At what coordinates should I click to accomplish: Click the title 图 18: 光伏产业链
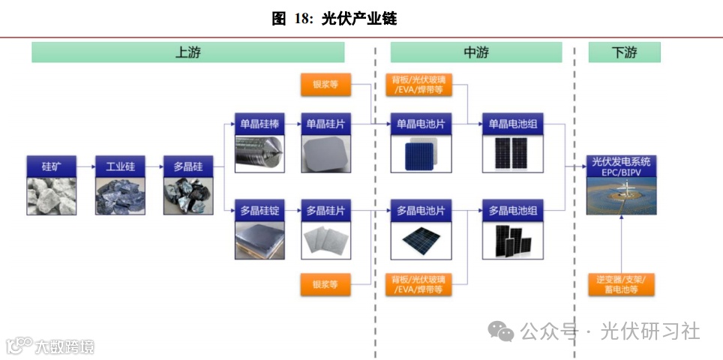334,19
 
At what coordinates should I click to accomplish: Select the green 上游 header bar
187,52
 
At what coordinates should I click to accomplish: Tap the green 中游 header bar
475,52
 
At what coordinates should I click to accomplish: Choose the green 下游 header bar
624,52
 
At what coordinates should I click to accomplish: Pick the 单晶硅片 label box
325,124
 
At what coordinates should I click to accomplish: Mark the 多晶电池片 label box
419,211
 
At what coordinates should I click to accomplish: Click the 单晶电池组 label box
513,124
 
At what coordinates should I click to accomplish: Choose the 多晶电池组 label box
513,211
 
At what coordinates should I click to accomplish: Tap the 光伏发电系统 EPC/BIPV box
622,166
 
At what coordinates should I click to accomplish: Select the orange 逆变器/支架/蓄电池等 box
622,284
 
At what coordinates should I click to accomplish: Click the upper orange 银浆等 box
325,85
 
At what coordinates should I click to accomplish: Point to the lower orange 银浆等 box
325,284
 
